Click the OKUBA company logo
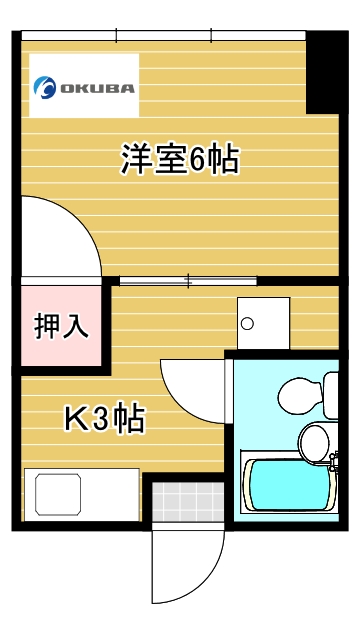(85, 86)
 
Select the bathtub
(288, 485)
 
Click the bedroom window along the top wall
(164, 37)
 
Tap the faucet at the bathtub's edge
(334, 461)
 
